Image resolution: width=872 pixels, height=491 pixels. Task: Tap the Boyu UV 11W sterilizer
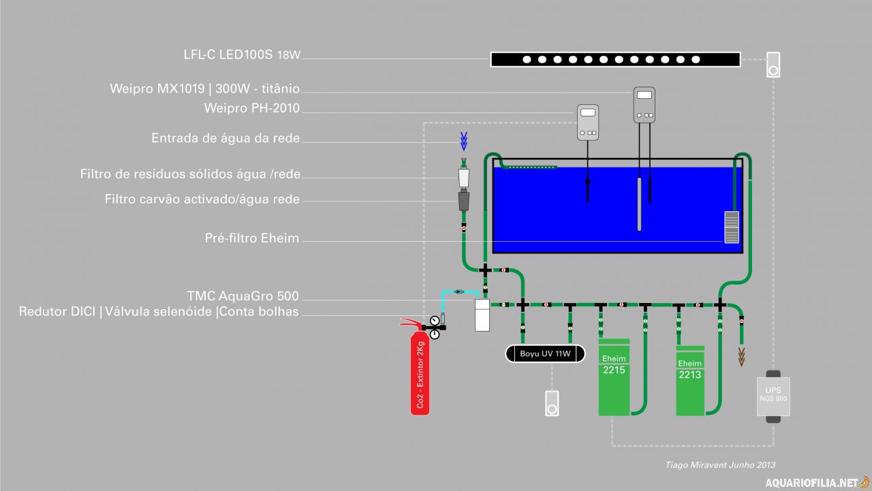[544, 353]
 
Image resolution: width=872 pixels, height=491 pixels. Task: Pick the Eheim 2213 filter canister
[689, 380]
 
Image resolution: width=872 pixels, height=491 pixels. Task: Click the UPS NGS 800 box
[773, 396]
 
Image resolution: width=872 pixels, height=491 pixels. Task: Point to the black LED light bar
[614, 59]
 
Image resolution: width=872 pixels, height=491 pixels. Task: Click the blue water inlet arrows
[464, 141]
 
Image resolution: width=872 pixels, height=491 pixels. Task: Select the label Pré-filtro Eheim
[252, 238]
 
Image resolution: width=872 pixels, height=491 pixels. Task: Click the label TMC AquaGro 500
[243, 296]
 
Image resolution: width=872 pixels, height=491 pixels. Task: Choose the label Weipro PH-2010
[251, 108]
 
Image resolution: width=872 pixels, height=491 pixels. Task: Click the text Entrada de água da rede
[225, 138]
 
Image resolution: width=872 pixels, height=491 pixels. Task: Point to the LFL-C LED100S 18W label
[242, 54]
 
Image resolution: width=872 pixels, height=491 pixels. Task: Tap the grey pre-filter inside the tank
[731, 227]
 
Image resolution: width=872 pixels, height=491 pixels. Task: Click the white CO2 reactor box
[482, 315]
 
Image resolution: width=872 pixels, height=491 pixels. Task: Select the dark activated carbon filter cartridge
[464, 201]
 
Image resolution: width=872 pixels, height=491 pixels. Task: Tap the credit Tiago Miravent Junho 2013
[720, 465]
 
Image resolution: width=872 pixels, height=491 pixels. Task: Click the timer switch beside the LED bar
[773, 65]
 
